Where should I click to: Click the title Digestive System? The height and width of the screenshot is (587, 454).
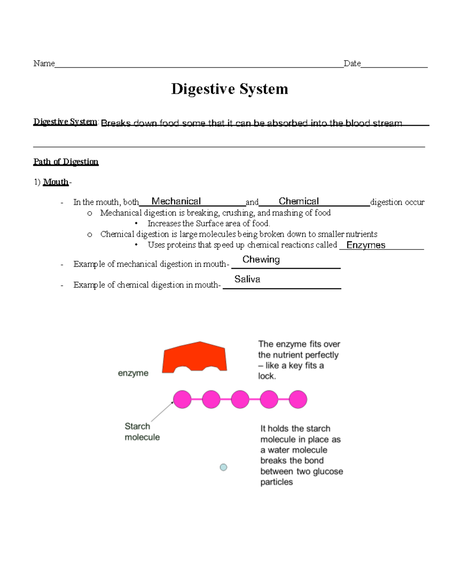[x=229, y=89]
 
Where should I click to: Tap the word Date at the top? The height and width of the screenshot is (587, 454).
[x=352, y=64]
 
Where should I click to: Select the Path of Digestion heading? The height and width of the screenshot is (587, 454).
[x=66, y=162]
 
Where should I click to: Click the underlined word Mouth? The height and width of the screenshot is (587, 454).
[x=56, y=182]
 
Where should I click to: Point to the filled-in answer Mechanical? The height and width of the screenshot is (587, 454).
[x=176, y=201]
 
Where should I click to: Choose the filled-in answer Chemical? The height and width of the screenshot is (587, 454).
[x=299, y=201]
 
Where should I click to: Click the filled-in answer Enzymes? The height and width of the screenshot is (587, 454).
[x=366, y=245]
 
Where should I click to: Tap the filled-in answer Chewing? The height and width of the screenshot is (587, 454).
[x=261, y=260]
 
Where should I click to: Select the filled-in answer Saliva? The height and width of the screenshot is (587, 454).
[x=247, y=279]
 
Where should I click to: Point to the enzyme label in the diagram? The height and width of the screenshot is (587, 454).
[x=133, y=373]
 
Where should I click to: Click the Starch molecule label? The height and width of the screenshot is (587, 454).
[x=142, y=432]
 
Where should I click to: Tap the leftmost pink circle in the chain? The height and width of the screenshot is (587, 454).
[x=182, y=400]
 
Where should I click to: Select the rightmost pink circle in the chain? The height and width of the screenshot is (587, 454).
[x=298, y=400]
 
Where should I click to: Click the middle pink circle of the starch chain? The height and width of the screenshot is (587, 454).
[x=240, y=400]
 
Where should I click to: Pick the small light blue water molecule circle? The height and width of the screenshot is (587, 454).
[x=224, y=468]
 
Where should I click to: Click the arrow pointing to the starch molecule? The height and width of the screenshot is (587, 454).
[x=162, y=412]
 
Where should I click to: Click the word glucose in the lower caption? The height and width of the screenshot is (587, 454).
[x=328, y=471]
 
